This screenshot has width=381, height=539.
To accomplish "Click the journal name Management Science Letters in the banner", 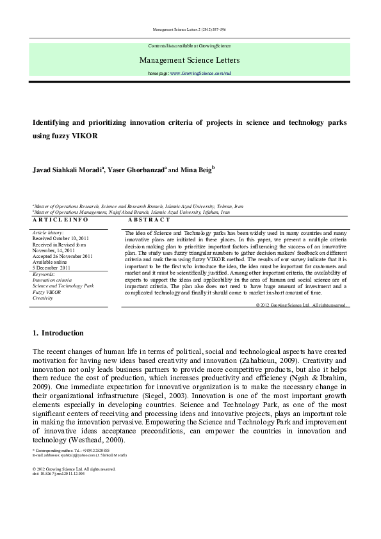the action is point(190,60).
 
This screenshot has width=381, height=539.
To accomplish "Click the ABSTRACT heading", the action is point(145,219).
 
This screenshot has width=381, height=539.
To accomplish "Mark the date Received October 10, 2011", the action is point(61,238).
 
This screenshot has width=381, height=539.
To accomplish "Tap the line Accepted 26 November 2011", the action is point(63,256).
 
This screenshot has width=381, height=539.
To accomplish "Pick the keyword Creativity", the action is point(43,298).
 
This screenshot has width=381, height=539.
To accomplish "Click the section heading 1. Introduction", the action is point(58,334).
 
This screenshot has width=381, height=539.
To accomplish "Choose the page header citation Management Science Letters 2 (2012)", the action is point(190,30).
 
